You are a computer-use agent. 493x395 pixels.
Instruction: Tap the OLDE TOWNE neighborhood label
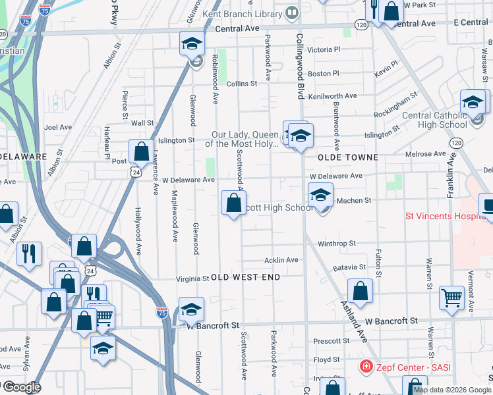pyautogui.click(x=348, y=158)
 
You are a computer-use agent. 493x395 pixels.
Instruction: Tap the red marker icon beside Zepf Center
pyautogui.click(x=364, y=365)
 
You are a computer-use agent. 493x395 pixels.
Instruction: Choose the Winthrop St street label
pyautogui.click(x=336, y=243)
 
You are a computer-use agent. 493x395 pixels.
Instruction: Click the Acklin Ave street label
pyautogui.click(x=281, y=260)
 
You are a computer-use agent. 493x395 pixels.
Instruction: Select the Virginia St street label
pyautogui.click(x=192, y=278)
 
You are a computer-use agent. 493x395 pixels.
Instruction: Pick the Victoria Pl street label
pyautogui.click(x=324, y=49)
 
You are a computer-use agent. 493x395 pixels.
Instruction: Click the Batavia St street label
pyautogui.click(x=349, y=267)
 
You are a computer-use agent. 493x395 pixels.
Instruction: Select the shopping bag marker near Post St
pyautogui.click(x=141, y=151)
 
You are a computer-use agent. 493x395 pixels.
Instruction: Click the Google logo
pyautogui.click(x=21, y=387)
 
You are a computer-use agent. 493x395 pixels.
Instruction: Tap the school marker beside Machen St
pyautogui.click(x=321, y=194)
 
